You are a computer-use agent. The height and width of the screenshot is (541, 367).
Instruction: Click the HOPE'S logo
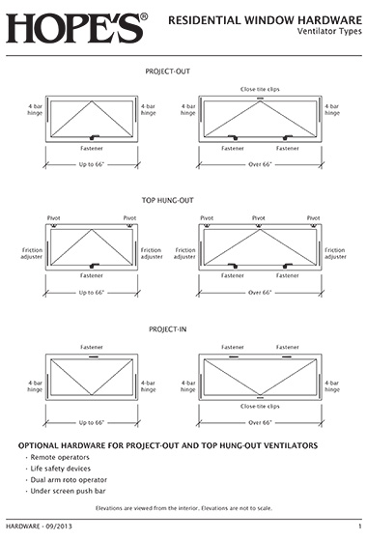pyautogui.click(x=76, y=28)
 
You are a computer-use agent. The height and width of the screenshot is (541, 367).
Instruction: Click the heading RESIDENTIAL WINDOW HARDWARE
pyautogui.click(x=265, y=20)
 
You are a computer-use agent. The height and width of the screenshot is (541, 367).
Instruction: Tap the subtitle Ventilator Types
pyautogui.click(x=329, y=31)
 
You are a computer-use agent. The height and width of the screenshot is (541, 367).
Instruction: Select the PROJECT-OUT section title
pyautogui.click(x=168, y=71)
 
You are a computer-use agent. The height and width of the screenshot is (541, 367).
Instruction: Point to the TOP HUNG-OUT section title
pyautogui.click(x=168, y=201)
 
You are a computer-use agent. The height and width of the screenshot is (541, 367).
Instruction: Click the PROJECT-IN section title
pyautogui.click(x=168, y=329)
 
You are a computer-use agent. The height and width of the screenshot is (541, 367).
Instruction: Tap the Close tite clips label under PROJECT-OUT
pyautogui.click(x=260, y=89)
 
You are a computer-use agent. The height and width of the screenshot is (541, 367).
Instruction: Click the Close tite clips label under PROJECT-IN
pyautogui.click(x=260, y=407)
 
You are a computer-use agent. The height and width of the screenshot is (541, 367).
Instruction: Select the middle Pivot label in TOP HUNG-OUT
pyautogui.click(x=259, y=218)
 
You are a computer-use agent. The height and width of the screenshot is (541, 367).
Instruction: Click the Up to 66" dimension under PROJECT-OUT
pyautogui.click(x=92, y=164)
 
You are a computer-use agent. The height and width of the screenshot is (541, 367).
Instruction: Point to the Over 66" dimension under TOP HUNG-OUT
pyautogui.click(x=260, y=293)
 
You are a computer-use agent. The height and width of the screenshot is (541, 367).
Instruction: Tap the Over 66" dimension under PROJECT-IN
pyautogui.click(x=260, y=423)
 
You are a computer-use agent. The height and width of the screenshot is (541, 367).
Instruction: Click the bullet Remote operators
pyautogui.click(x=60, y=457)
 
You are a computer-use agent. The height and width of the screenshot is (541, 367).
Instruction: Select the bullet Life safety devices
pyautogui.click(x=60, y=469)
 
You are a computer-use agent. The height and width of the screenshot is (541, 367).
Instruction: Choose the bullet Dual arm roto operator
pyautogui.click(x=69, y=480)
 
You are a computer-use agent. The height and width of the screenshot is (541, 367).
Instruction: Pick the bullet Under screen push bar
pyautogui.click(x=68, y=491)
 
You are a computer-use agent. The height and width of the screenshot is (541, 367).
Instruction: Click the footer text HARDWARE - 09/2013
pyautogui.click(x=39, y=527)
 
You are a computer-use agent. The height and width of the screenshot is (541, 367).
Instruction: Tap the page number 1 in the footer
pyautogui.click(x=360, y=527)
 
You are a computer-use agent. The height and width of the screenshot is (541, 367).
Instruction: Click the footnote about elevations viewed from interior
pyautogui.click(x=183, y=508)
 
